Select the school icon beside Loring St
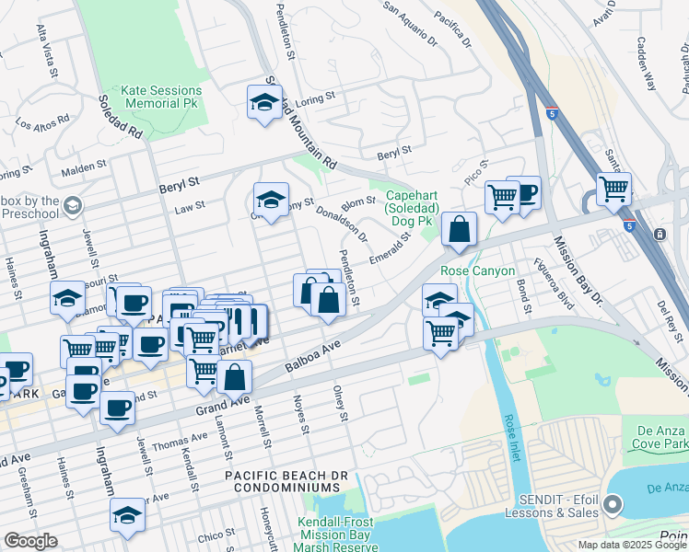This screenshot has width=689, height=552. click(x=264, y=103)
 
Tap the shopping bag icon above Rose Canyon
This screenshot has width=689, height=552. click(x=459, y=229)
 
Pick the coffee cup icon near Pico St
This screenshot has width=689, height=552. click(x=524, y=194)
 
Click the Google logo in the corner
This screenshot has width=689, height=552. click(x=30, y=541)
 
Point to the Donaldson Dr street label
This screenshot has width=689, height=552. click(x=342, y=224)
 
